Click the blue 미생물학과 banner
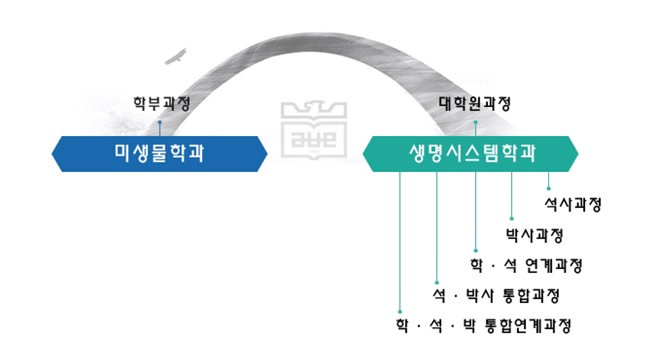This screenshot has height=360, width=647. [160, 153]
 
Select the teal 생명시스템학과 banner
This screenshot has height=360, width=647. [471, 153]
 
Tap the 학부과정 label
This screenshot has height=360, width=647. [160, 103]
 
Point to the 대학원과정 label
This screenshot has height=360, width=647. [476, 103]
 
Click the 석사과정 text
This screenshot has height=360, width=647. [573, 204]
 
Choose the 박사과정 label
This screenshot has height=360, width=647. [535, 235]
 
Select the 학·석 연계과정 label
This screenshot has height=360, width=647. [526, 265]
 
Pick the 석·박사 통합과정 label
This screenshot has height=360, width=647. [495, 296]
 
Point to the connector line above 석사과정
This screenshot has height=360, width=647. [548, 179]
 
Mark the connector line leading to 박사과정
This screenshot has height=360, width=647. [511, 195]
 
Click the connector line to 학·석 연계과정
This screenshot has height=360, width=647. [474, 210]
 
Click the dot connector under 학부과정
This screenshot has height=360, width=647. [160, 122]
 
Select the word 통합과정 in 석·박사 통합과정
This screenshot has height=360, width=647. [526, 296]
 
